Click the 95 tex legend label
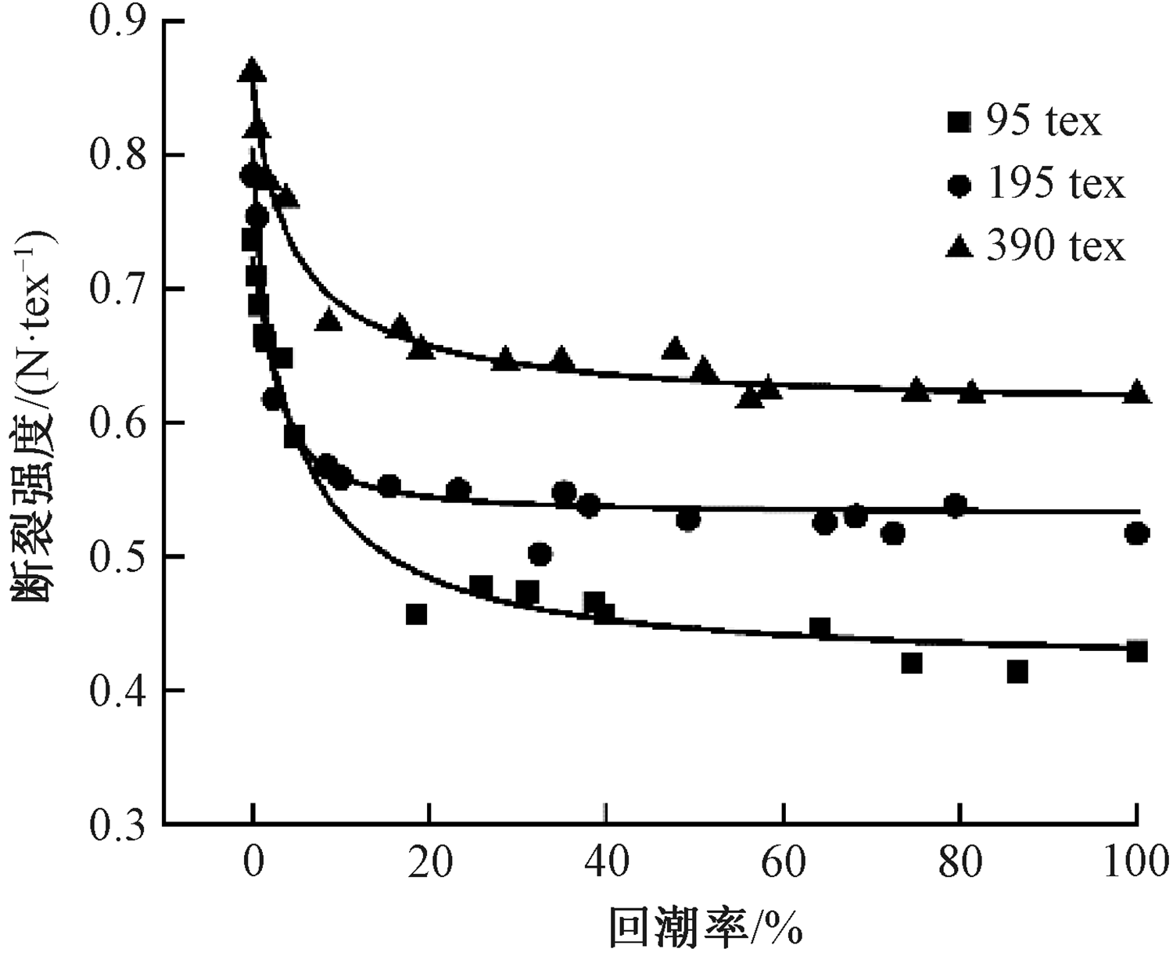click(x=1043, y=123)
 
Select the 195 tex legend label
click(x=1055, y=185)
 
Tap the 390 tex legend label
click(x=1055, y=246)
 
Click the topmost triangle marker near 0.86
click(x=252, y=71)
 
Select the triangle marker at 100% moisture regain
click(x=1136, y=391)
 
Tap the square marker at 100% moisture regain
click(x=1136, y=651)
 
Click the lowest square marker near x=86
click(x=1017, y=672)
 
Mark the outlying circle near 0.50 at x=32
click(x=540, y=555)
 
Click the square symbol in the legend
click(x=959, y=123)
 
